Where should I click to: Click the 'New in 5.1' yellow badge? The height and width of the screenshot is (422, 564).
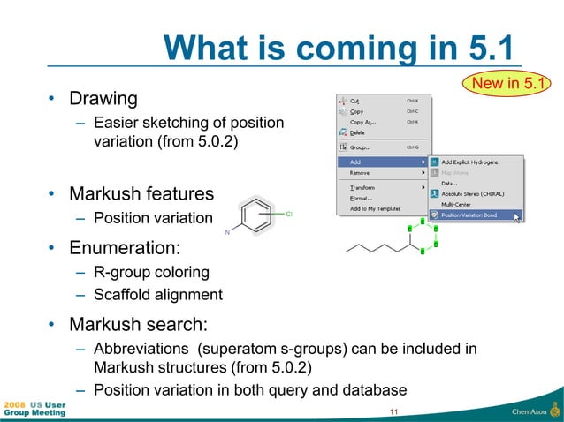click(x=509, y=84)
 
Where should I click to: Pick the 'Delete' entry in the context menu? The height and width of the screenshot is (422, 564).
click(x=357, y=132)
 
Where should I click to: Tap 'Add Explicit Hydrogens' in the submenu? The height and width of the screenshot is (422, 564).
click(x=469, y=162)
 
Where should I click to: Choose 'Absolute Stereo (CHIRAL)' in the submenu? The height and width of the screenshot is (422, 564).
click(x=472, y=193)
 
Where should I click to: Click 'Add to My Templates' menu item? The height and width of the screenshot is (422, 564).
click(x=375, y=208)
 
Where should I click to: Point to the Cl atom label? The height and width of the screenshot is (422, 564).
click(x=289, y=214)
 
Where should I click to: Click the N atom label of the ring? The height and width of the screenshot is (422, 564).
click(x=227, y=232)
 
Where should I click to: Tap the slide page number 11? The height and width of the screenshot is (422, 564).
click(x=393, y=411)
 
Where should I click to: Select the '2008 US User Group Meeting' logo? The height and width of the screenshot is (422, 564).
click(x=34, y=408)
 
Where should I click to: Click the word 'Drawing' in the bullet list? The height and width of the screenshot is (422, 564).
click(x=103, y=97)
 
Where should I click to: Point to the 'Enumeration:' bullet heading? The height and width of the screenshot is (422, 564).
click(x=125, y=245)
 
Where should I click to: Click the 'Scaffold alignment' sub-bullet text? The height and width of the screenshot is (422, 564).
click(x=158, y=294)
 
